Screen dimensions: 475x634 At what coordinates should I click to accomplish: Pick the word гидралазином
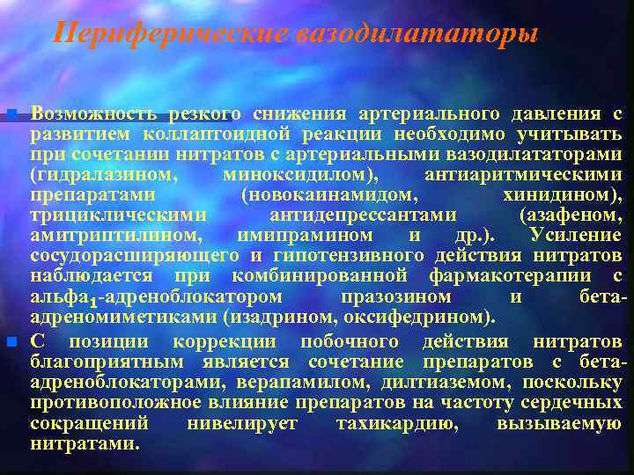coord(101,175)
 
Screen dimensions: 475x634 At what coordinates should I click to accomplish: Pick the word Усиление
coord(577,236)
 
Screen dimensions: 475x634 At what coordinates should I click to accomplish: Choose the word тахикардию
coord(396,423)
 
